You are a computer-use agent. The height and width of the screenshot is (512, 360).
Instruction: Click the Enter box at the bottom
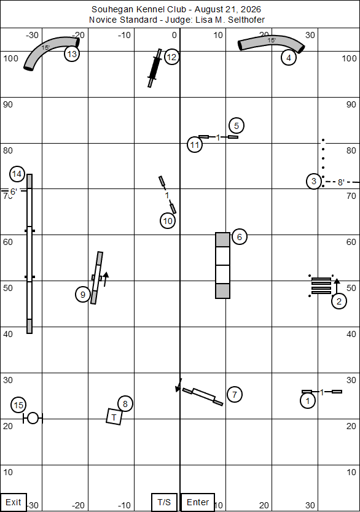[197, 502]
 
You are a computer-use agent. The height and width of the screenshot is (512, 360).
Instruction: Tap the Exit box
[14, 502]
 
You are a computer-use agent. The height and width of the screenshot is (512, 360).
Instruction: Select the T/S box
[164, 502]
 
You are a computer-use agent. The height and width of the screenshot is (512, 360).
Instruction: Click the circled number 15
[18, 405]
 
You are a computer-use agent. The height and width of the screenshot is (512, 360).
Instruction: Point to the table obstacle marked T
[114, 417]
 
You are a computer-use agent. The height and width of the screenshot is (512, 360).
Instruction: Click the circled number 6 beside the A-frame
[240, 237]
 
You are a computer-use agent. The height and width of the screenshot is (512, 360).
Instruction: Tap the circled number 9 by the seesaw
[83, 295]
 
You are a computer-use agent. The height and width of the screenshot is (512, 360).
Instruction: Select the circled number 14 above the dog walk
[17, 174]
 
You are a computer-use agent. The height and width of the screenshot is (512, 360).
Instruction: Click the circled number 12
[171, 57]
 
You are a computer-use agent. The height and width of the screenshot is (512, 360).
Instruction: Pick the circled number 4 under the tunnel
[289, 58]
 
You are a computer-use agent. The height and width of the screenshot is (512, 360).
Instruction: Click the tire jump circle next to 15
[33, 418]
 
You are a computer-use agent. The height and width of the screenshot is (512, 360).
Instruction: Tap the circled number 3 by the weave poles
[314, 181]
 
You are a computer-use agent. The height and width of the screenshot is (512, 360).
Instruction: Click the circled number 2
[339, 301]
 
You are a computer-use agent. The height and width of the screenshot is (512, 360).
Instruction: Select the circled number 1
[308, 401]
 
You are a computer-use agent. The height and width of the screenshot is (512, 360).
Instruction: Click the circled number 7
[235, 395]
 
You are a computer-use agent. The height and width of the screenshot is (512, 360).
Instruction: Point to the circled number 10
[168, 221]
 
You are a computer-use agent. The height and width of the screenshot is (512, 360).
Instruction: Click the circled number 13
[72, 53]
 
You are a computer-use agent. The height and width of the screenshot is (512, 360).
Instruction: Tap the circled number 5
[237, 126]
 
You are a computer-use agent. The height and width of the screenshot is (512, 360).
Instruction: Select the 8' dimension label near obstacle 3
[341, 182]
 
